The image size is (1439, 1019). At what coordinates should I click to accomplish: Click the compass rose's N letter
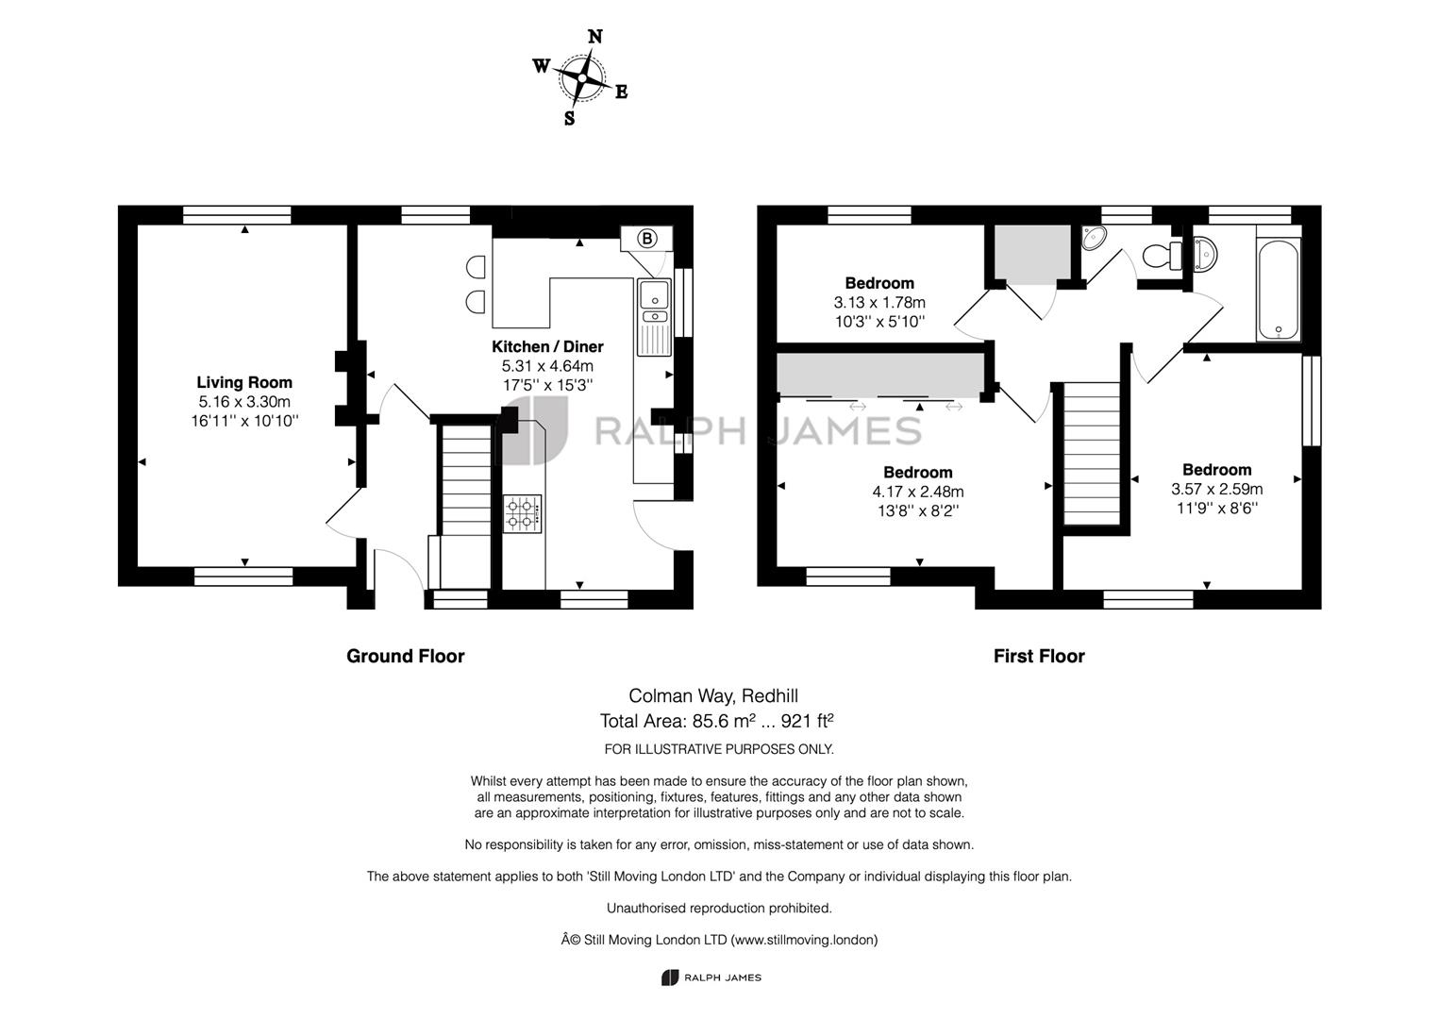tap(595, 37)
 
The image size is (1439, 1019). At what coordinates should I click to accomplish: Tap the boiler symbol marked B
tap(647, 239)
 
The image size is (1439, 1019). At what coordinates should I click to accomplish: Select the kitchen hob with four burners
tap(522, 514)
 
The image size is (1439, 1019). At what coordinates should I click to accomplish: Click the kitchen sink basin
tap(653, 295)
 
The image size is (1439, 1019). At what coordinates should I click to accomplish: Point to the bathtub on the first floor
tap(1278, 290)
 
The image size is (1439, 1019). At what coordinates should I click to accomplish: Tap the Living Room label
tap(244, 382)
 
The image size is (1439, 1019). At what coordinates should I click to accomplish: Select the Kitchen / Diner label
tap(547, 346)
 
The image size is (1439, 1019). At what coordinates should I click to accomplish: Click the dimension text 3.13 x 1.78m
tap(879, 303)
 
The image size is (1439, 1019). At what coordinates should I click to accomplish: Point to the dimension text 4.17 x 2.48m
tap(918, 492)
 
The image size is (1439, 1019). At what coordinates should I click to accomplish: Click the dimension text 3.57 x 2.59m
tap(1216, 489)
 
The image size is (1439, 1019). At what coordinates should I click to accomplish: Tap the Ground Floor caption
tap(405, 656)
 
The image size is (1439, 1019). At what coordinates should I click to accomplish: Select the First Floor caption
tap(1039, 656)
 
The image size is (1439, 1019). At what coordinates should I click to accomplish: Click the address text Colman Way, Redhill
tap(713, 696)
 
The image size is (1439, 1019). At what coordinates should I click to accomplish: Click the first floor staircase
tap(1092, 453)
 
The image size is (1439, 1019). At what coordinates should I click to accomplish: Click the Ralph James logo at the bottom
tap(711, 977)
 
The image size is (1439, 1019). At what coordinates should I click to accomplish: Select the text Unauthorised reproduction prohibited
tap(719, 908)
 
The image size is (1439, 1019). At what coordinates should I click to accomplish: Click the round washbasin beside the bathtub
tap(1206, 251)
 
